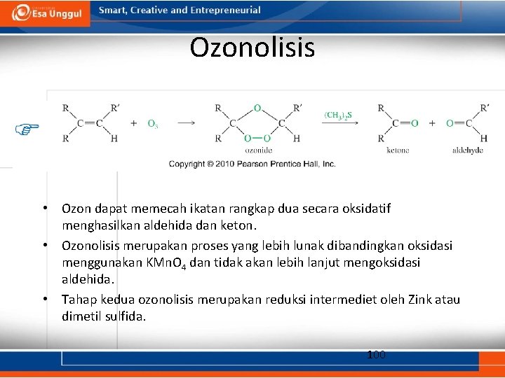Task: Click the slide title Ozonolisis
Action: click(x=252, y=48)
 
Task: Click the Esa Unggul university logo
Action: click(x=45, y=13)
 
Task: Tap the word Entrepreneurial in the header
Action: click(x=226, y=10)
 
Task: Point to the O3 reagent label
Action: click(x=152, y=123)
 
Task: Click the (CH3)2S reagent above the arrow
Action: click(x=338, y=114)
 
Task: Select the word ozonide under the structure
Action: click(x=258, y=150)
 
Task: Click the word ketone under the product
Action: click(x=398, y=150)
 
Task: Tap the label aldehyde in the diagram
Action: click(x=468, y=150)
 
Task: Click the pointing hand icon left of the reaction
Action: click(x=27, y=129)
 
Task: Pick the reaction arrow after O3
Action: click(x=186, y=123)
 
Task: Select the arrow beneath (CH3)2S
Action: click(x=340, y=123)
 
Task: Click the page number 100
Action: click(x=376, y=355)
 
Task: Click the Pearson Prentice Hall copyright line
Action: click(x=252, y=164)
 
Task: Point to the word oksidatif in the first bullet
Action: click(x=365, y=209)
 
